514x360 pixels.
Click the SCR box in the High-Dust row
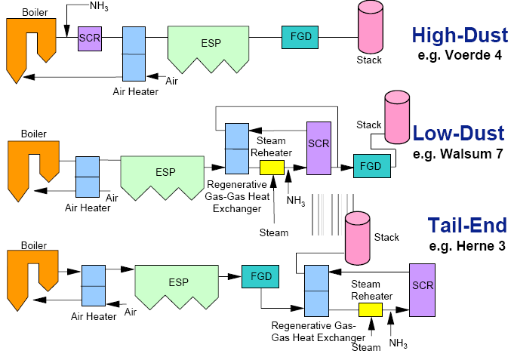90,37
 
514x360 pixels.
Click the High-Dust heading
457,35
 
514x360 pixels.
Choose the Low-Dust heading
458,134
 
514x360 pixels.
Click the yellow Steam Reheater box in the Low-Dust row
270,167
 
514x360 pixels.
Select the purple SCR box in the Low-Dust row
319,147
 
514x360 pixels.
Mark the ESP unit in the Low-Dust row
165,175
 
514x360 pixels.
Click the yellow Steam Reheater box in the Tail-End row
371,309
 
